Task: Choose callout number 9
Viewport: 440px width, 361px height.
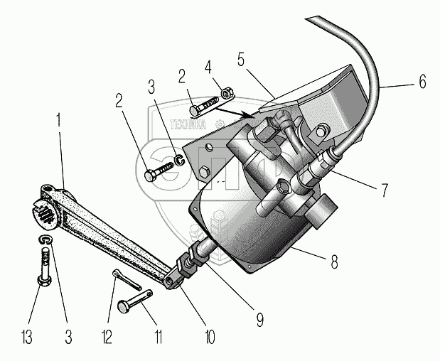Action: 259,320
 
